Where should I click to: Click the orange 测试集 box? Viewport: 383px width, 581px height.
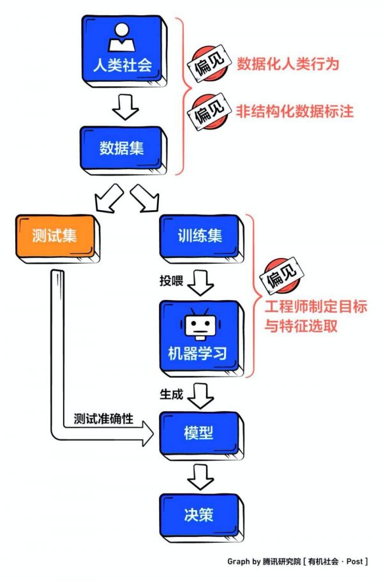(54, 236)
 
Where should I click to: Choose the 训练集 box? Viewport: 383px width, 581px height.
(200, 236)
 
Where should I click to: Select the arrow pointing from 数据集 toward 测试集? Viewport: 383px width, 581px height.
(107, 198)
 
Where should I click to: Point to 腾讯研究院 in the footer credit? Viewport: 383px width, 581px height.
(283, 562)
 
